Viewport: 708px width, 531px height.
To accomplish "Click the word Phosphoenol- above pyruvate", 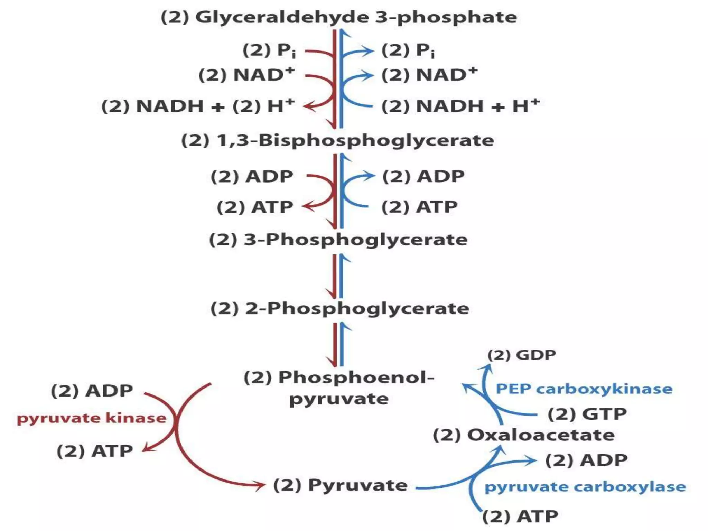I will (356, 377).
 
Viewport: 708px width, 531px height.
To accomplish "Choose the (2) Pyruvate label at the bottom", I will (340, 485).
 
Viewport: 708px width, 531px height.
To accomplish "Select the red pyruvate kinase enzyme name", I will (92, 418).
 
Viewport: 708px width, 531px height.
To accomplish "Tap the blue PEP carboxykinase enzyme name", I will (584, 389).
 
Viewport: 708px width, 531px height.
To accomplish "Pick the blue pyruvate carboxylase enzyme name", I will (585, 487).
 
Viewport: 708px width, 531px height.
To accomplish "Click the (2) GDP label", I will (522, 355).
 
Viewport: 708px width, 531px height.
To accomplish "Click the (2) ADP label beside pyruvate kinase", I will (92, 391).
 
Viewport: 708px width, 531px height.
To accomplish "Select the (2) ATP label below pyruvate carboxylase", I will (520, 516).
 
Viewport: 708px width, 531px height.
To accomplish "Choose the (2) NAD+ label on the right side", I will (429, 75).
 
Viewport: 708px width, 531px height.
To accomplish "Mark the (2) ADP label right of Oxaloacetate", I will (586, 460).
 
